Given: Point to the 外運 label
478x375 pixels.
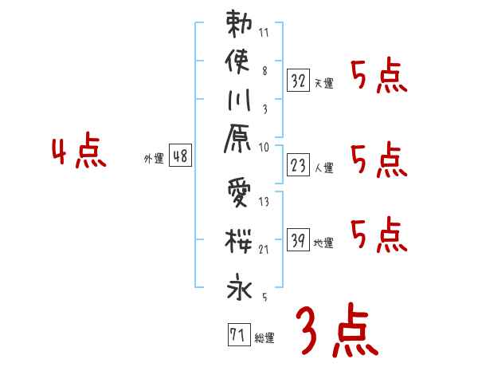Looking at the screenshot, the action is coord(154,159).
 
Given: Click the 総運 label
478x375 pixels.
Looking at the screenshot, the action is coord(264,338).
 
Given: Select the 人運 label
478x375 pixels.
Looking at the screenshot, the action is coord(323,168).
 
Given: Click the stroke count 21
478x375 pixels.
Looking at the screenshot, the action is coord(264,250).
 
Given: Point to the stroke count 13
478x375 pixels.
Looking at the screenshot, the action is coord(264,202).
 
